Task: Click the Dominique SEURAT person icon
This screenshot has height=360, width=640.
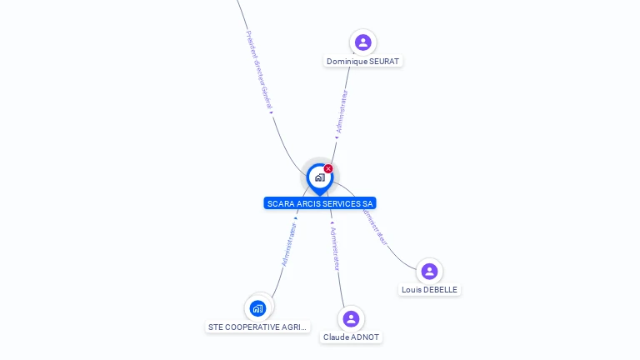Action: click(x=362, y=42)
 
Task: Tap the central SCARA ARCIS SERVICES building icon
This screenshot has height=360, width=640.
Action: click(x=319, y=177)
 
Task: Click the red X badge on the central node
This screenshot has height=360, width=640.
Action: click(x=328, y=169)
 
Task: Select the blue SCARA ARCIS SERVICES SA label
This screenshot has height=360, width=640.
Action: click(x=320, y=203)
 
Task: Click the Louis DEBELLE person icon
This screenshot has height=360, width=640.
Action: click(x=429, y=271)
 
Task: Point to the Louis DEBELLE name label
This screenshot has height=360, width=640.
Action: click(x=429, y=290)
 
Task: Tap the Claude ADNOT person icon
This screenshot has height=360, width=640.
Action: click(x=351, y=318)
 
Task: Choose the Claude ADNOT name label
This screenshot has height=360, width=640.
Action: click(x=351, y=337)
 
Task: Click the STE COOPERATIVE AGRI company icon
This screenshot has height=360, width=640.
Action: click(x=257, y=308)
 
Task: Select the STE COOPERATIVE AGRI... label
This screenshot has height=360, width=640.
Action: click(x=257, y=327)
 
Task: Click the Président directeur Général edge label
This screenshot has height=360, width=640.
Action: click(x=259, y=70)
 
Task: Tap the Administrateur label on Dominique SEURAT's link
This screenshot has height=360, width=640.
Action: click(x=342, y=112)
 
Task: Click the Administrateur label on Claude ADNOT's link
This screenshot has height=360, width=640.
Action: click(x=335, y=248)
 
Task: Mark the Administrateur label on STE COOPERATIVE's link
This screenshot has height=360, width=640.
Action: click(x=289, y=244)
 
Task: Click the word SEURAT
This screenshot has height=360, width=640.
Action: click(x=383, y=62)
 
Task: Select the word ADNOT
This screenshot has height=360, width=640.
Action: click(x=364, y=337)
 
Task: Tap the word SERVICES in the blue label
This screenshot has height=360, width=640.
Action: click(x=344, y=203)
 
